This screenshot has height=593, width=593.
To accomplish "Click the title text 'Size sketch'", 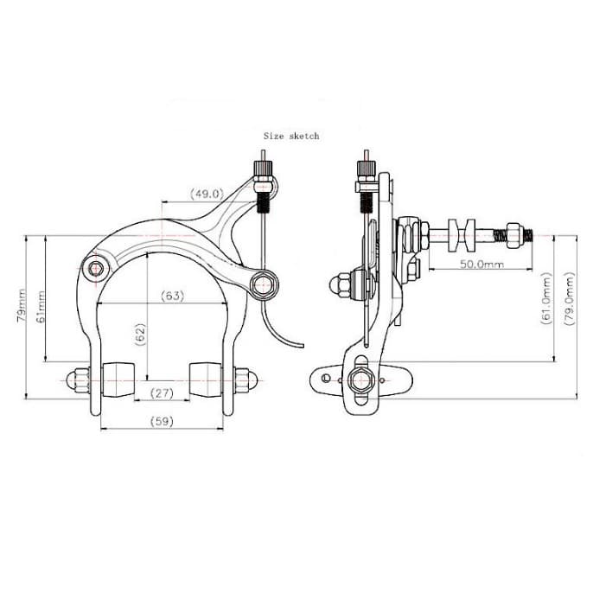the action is tap(291, 136).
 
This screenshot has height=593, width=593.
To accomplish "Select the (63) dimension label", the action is tap(173, 296).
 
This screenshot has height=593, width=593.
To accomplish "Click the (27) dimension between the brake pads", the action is tap(162, 393).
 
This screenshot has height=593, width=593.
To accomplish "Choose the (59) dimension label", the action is tap(162, 421).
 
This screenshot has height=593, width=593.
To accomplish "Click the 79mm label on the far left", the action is tap(21, 306).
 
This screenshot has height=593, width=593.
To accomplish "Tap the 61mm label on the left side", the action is tap(41, 306).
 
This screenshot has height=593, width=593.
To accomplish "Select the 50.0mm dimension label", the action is tap(481, 264).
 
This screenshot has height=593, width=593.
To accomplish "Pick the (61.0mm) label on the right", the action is tap(546, 298).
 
